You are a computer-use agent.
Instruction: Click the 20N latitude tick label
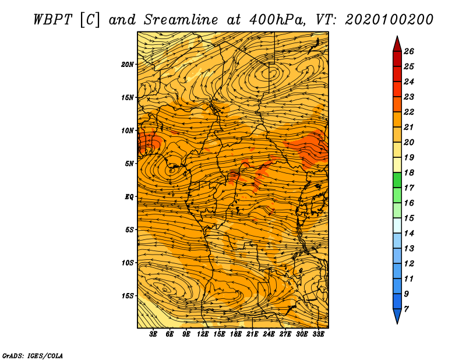coord(128,65)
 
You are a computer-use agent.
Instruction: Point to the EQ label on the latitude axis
coord(129,197)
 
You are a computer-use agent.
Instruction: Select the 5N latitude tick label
coord(129,164)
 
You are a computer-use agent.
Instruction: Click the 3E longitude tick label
coord(153,334)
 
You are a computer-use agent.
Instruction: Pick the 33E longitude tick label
coord(318,334)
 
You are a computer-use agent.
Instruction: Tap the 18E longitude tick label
coord(236,334)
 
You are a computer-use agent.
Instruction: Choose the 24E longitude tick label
coord(269,334)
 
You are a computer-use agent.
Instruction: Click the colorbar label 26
coord(409,51)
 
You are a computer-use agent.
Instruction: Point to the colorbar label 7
coord(406,309)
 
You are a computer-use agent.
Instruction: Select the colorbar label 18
coord(409,172)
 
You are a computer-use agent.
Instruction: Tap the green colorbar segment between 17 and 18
coord(397,180)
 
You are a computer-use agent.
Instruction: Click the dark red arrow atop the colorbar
coord(397,44)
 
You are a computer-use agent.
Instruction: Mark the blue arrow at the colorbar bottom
coord(397,316)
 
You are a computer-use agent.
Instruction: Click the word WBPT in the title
coord(52,20)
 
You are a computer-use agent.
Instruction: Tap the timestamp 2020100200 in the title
coord(389,20)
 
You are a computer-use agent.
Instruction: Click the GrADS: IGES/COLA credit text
coord(33,356)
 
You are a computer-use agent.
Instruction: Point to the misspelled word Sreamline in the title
coord(181,20)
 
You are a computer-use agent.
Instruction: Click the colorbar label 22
coord(409,112)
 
